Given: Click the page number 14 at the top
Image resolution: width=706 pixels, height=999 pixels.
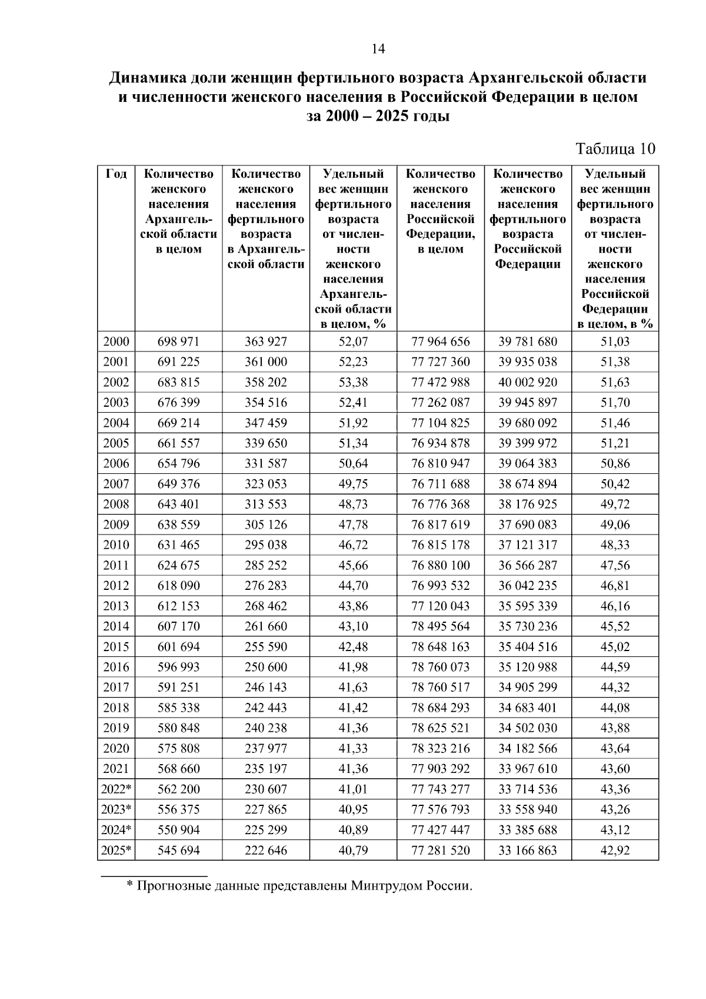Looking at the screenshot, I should [378, 49].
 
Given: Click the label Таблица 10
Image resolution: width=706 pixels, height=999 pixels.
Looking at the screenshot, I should [615, 148].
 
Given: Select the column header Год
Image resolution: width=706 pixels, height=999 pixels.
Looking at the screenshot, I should [116, 174].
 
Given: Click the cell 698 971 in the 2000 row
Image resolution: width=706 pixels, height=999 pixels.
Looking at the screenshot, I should [178, 341].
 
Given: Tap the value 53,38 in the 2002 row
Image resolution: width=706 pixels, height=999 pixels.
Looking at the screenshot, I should [353, 382].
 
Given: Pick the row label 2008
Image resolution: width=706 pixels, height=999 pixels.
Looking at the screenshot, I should [116, 504].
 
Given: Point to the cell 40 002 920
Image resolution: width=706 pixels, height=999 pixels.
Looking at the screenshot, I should [528, 382].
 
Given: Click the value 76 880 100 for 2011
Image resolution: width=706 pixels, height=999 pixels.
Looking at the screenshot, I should [441, 565].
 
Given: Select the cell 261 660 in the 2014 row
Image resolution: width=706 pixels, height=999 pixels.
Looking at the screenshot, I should [266, 626].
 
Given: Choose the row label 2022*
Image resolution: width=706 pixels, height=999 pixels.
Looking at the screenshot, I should [116, 789].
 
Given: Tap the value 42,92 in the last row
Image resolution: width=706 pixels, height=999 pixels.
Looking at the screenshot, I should [615, 850].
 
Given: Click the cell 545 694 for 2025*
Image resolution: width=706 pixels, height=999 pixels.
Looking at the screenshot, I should [178, 850].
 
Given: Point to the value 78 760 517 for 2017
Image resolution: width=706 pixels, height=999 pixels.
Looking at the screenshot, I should [441, 687].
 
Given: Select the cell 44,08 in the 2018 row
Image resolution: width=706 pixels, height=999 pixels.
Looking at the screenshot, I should [615, 708].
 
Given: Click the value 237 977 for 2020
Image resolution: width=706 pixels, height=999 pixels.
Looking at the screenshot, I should [266, 748].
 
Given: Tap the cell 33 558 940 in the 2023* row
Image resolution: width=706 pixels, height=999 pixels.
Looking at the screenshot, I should [528, 809].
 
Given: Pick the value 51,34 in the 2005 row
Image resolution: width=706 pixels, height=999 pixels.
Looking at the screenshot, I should [353, 443].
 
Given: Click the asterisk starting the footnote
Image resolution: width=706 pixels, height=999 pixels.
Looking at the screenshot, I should [130, 885].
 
